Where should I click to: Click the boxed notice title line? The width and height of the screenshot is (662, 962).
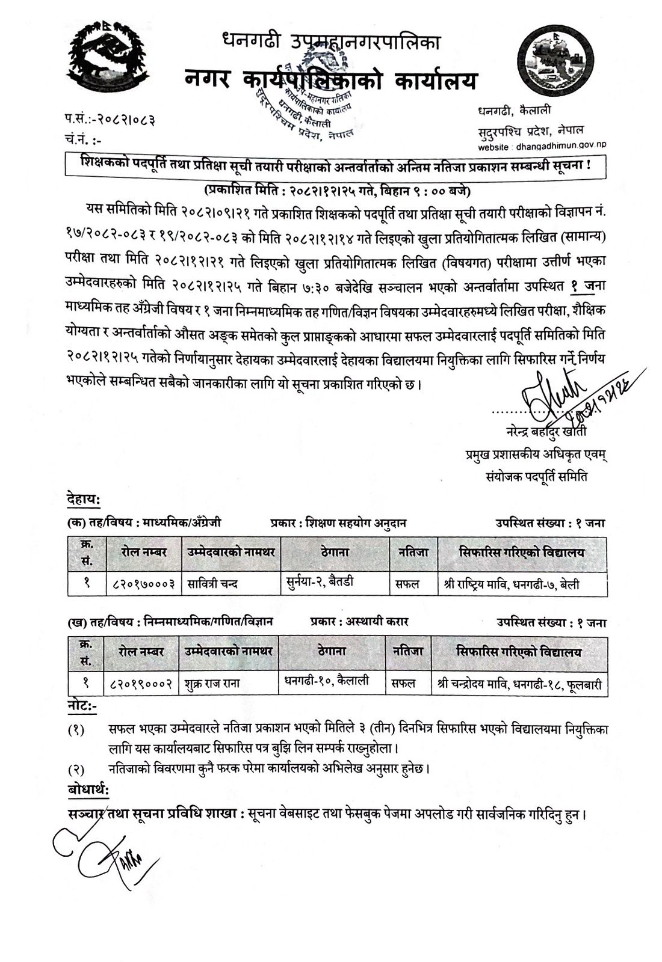point(336,165)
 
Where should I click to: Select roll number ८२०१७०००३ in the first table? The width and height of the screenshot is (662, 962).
point(144,583)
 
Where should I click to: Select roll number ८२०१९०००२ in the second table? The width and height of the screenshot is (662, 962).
point(143,683)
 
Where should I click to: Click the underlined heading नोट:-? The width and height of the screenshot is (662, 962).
point(82,704)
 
